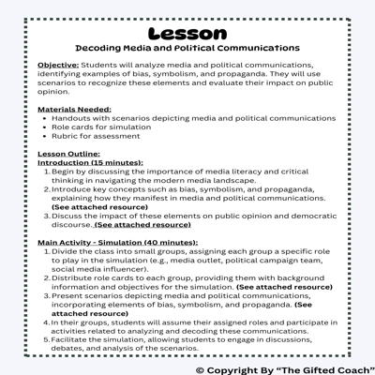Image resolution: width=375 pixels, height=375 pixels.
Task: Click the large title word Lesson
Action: [x=187, y=30]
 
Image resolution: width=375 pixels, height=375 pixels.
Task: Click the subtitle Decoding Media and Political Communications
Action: [x=187, y=46]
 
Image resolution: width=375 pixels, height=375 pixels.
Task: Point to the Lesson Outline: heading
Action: [x=67, y=153]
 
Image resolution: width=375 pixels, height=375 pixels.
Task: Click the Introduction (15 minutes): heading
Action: [x=90, y=162]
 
